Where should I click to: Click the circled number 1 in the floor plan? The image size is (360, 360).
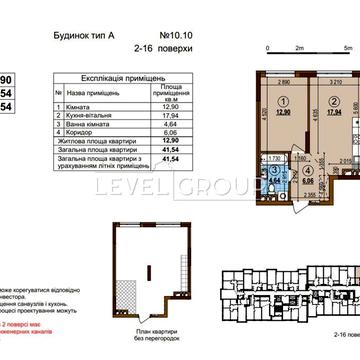pos(255,101)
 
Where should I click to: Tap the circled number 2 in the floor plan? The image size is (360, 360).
pos(299,101)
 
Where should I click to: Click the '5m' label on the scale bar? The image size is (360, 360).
pos(350,47)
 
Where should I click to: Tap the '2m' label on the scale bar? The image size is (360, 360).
pos(299,47)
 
